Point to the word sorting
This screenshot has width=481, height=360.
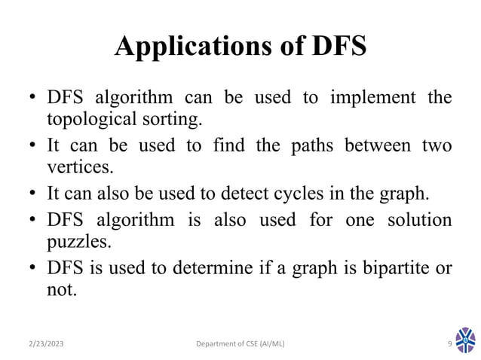(x=174, y=119)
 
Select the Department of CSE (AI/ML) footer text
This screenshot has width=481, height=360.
(x=240, y=345)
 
